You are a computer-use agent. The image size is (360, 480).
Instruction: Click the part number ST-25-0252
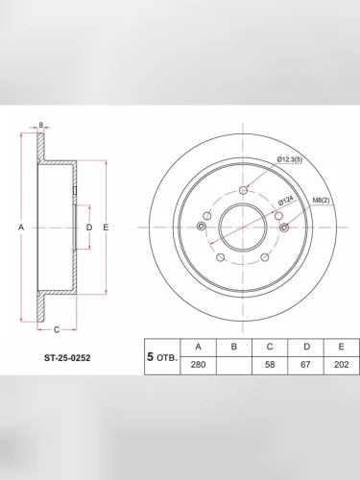(67, 357)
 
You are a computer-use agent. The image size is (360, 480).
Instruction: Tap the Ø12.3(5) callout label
(290, 159)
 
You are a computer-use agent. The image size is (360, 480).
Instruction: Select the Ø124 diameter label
(286, 201)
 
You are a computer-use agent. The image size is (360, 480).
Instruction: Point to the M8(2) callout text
(321, 201)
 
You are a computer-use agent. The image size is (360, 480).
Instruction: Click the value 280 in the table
(198, 365)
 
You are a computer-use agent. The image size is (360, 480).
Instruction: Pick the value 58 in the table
(270, 365)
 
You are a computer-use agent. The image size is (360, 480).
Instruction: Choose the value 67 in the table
(305, 365)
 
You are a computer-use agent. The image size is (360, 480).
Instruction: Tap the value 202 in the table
(341, 365)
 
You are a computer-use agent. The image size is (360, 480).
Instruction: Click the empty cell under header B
(234, 365)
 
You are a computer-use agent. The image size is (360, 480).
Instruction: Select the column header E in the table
(341, 347)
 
